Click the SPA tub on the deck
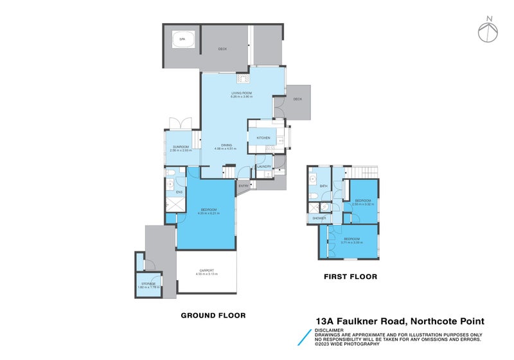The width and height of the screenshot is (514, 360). pyautogui.click(x=182, y=39)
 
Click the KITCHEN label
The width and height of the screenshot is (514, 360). pyautogui.click(x=263, y=138)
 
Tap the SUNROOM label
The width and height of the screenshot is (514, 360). pyautogui.click(x=179, y=147)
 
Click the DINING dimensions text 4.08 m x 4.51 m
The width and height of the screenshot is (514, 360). pyautogui.click(x=226, y=149)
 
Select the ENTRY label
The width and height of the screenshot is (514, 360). pyautogui.click(x=244, y=186)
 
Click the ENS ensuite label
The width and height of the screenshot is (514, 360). pyautogui.click(x=180, y=192)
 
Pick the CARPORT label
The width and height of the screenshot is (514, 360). pyautogui.click(x=206, y=270)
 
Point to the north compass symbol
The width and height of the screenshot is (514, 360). pyautogui.click(x=489, y=30)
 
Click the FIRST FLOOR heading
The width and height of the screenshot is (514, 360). pyautogui.click(x=351, y=277)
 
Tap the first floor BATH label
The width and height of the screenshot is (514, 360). pyautogui.click(x=324, y=186)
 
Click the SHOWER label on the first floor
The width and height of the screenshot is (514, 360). pyautogui.click(x=319, y=219)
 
